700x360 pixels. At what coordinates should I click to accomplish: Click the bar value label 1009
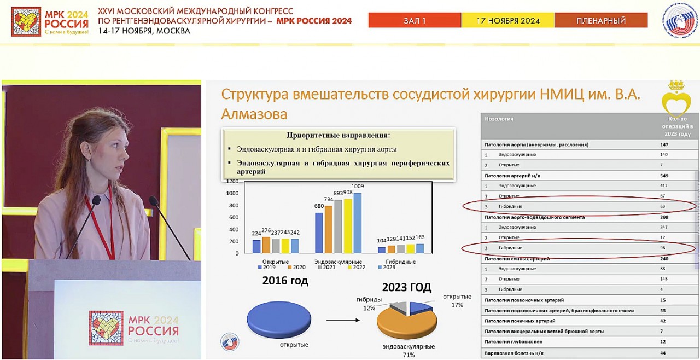[x=358, y=187]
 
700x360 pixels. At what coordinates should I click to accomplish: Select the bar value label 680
[x=319, y=206]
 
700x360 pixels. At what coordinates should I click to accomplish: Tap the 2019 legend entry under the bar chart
[x=267, y=268]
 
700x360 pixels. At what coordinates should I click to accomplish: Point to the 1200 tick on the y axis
[x=232, y=181]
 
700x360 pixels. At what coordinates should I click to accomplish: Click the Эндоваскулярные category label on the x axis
[x=338, y=262]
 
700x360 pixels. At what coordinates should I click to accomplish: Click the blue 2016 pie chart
[x=279, y=320]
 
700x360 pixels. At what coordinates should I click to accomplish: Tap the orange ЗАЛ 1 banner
[x=415, y=21]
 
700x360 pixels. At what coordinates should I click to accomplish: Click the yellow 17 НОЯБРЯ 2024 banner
[x=508, y=21]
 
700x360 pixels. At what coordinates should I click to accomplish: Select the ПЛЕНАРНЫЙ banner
[x=601, y=21]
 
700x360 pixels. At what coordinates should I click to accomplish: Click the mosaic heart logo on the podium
[x=106, y=328]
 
